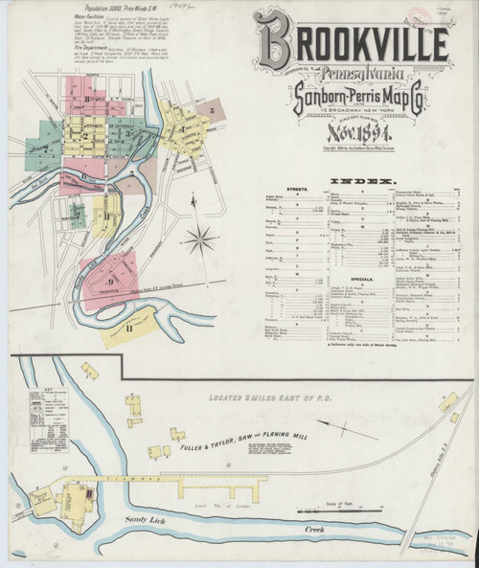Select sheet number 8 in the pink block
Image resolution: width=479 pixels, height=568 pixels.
point(87,99)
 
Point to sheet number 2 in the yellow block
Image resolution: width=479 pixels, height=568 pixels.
point(84,135)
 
